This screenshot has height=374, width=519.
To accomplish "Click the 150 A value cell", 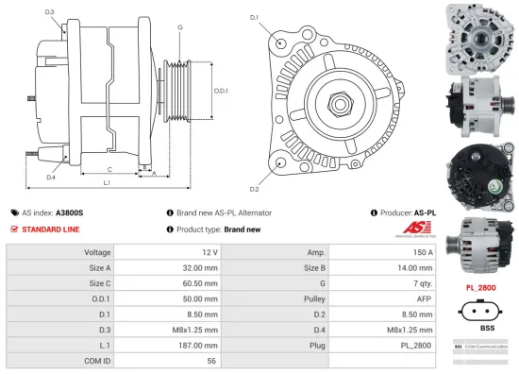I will (421, 253).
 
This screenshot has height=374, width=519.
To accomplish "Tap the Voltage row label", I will (98, 253).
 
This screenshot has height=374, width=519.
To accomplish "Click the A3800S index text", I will (69, 213).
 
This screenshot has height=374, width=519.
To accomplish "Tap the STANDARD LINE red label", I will (51, 229).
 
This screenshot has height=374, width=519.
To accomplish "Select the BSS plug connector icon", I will (478, 312).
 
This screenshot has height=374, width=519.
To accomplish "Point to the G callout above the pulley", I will (179, 27).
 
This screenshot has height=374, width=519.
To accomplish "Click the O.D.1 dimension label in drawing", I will (219, 91).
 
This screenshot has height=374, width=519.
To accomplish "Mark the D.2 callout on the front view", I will (254, 177).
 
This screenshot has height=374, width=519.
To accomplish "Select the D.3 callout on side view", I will (49, 12).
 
